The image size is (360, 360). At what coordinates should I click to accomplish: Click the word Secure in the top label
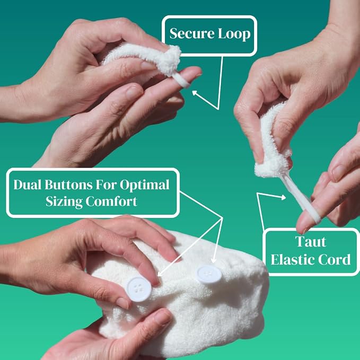click(x=192, y=34)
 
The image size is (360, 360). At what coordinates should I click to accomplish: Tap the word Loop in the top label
click(x=234, y=34)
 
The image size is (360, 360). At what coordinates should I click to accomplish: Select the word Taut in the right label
click(x=311, y=242)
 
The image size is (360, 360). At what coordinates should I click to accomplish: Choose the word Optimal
click(x=145, y=185)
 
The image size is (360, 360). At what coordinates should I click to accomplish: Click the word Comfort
click(x=111, y=201)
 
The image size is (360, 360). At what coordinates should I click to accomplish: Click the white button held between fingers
click(x=139, y=289)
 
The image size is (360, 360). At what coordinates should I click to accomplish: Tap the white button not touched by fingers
click(x=209, y=274)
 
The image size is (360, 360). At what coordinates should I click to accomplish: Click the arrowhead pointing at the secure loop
click(x=195, y=93)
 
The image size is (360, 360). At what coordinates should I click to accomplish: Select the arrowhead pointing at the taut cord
click(x=284, y=197)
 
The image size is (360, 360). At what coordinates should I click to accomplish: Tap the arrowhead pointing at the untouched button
click(x=214, y=261)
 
